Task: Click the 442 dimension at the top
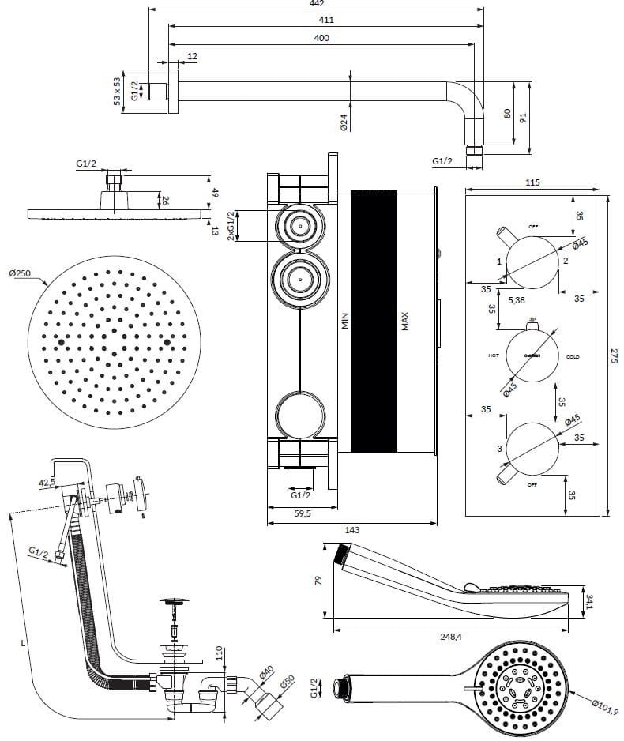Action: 315,4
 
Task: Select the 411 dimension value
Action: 325,20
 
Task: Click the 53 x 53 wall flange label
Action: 117,91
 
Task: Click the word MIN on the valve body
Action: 344,320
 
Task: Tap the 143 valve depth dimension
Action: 351,529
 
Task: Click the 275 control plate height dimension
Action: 615,357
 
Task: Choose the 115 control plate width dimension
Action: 532,182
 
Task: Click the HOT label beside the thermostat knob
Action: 494,356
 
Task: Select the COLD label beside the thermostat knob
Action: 573,356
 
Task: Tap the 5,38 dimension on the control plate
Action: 517,301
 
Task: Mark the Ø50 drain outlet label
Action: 286,682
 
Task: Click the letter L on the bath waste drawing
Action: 23,643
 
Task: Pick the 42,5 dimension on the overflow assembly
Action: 48,481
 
